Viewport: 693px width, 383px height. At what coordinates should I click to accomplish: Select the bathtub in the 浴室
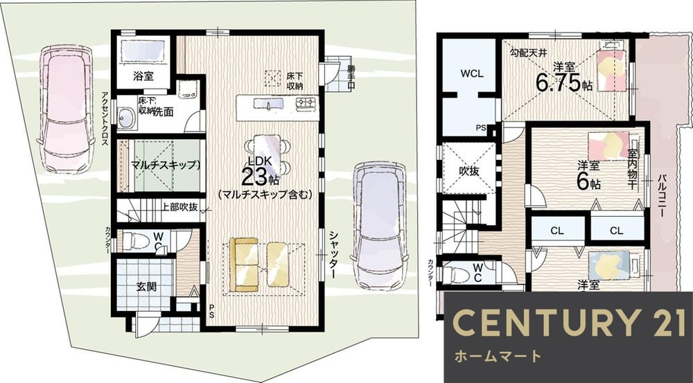click(142, 51)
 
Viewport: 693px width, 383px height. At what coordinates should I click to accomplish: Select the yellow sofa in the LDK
click(257, 265)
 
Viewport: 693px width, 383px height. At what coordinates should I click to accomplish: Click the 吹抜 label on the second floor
click(468, 169)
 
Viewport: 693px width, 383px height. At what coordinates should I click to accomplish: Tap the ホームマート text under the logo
click(497, 358)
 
